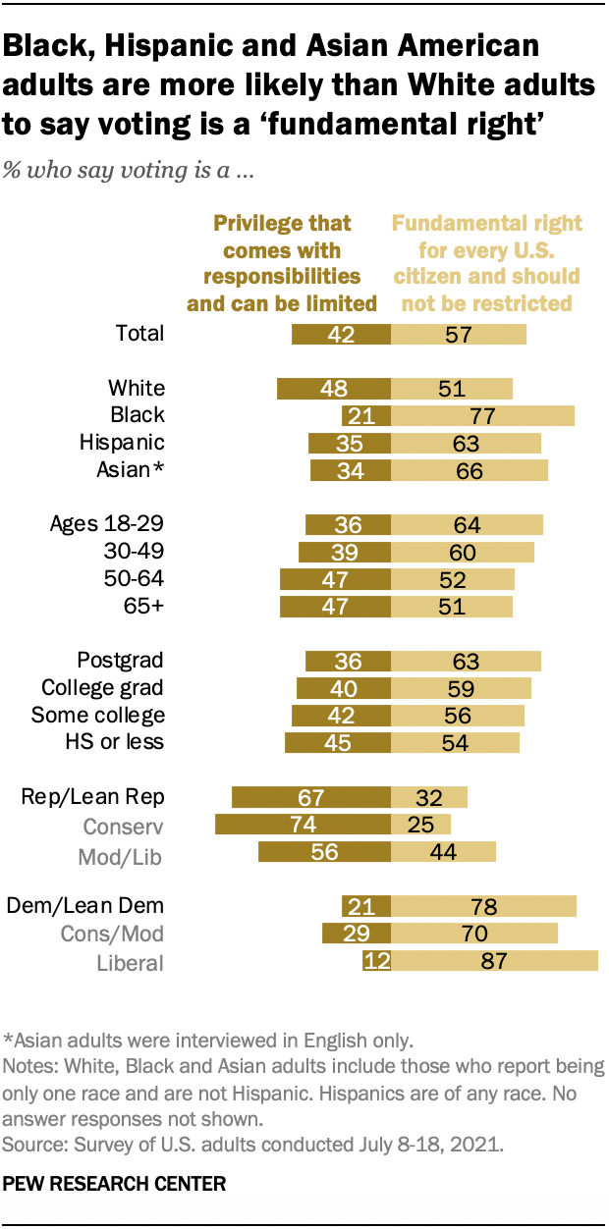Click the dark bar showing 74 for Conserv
[x=303, y=823]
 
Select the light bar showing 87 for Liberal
[x=494, y=961]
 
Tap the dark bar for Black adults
[x=365, y=415]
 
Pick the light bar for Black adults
[x=482, y=415]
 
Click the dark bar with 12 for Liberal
[x=376, y=961]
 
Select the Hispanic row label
[x=122, y=443]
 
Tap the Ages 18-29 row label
[x=107, y=523]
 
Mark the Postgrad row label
[x=120, y=660]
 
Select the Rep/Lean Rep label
[x=92, y=795]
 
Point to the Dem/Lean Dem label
[x=85, y=905]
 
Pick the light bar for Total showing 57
[x=459, y=334]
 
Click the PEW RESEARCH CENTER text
[x=115, y=1185]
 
